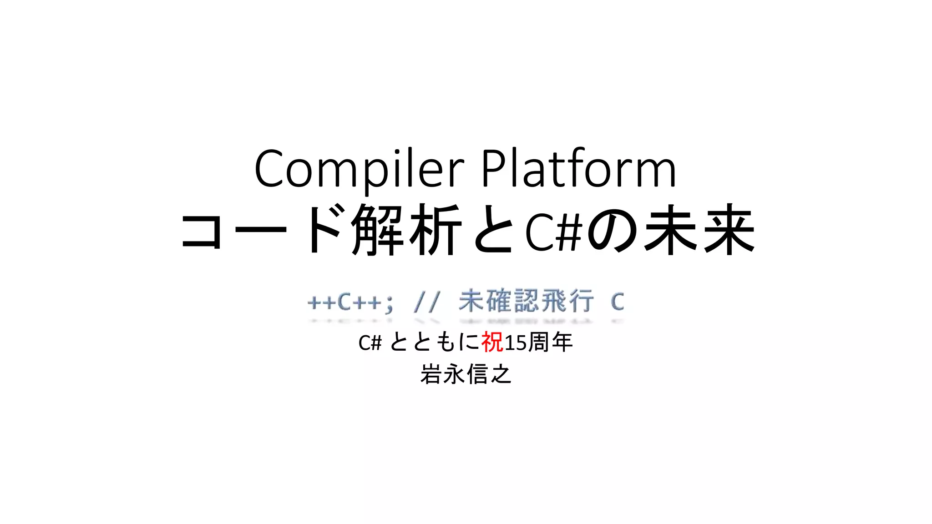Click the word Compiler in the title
[359, 169]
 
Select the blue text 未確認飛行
[526, 302]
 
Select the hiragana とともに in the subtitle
[435, 342]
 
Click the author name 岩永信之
[466, 374]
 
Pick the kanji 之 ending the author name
[501, 374]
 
